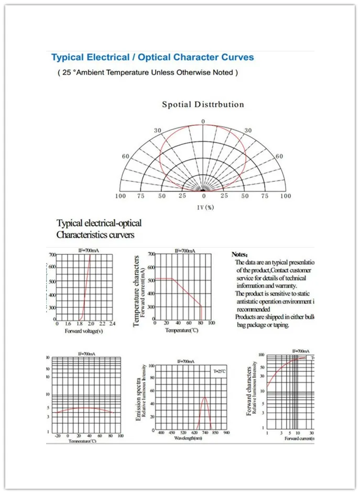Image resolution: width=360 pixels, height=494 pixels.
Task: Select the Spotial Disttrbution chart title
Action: coord(203,104)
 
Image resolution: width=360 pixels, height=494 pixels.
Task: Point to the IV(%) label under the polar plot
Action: coord(205,207)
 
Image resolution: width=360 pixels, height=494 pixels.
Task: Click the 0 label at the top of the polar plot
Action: coord(203,122)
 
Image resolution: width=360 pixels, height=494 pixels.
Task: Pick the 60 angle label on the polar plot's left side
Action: coord(126,156)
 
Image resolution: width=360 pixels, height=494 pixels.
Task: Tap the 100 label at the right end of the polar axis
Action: coord(285,196)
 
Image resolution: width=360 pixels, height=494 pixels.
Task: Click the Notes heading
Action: coord(241,254)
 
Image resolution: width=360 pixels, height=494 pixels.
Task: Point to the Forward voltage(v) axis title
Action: coord(83,331)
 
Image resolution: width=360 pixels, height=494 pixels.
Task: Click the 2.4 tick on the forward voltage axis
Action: coord(112,324)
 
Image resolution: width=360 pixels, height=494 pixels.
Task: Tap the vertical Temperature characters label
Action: coord(137,292)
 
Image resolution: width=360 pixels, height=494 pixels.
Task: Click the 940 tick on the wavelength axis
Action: coord(226,432)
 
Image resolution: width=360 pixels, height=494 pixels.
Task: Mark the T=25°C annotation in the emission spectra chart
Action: coord(219,371)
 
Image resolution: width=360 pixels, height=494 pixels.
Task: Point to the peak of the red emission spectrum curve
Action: coord(204,397)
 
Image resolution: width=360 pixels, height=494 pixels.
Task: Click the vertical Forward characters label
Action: coord(249,391)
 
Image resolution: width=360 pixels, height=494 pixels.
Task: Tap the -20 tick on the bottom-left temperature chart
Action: coord(57,436)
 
